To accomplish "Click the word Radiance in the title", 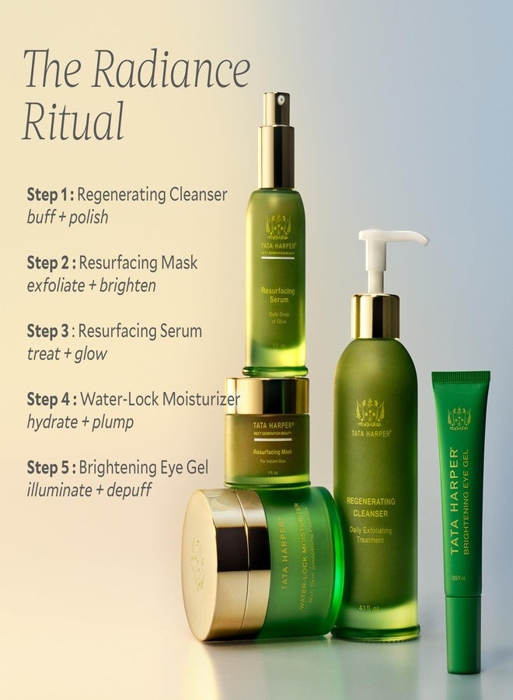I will pyautogui.click(x=171, y=70).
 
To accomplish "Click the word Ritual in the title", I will pyautogui.click(x=73, y=121).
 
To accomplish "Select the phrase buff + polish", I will pyautogui.click(x=67, y=217).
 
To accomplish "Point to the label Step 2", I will pyautogui.click(x=48, y=263).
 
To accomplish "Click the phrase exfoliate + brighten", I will pyautogui.click(x=91, y=285).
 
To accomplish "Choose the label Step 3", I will pyautogui.click(x=48, y=331).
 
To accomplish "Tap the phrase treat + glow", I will pyautogui.click(x=67, y=354).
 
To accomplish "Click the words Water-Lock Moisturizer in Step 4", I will pyautogui.click(x=159, y=400).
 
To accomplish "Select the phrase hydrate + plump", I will pyautogui.click(x=80, y=422).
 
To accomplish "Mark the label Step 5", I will pyautogui.click(x=48, y=467).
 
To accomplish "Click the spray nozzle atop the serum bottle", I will pyautogui.click(x=276, y=109).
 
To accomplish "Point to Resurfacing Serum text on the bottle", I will pyautogui.click(x=277, y=299).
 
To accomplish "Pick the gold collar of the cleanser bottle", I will pyautogui.click(x=375, y=316).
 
